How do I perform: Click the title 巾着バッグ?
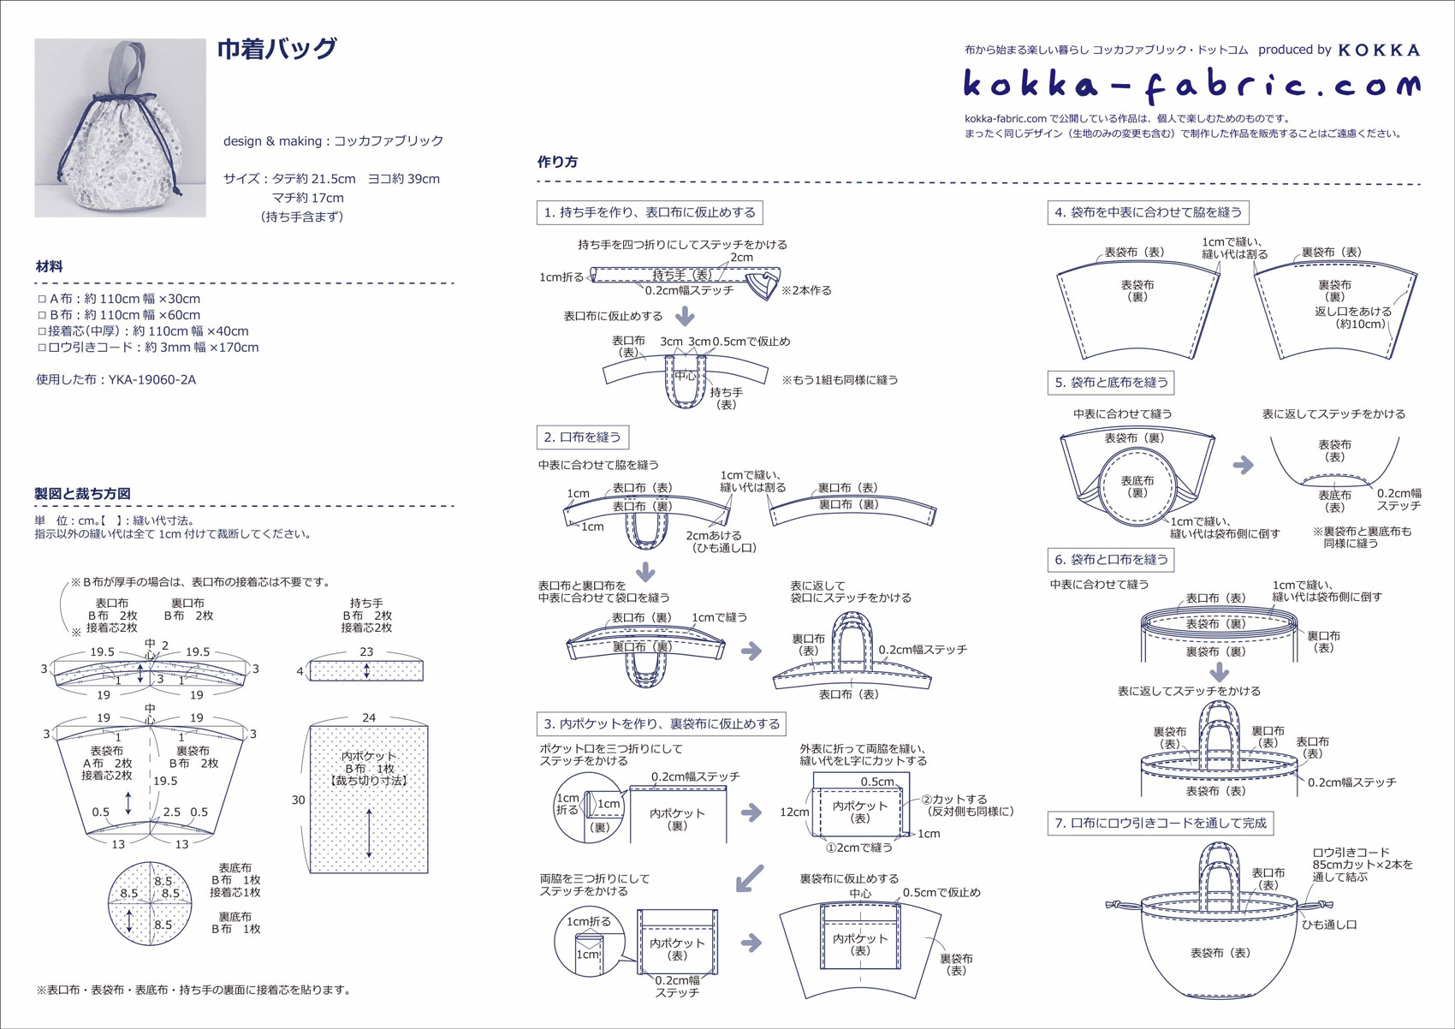click(276, 50)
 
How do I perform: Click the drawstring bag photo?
click(120, 128)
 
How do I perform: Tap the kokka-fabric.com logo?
click(1191, 84)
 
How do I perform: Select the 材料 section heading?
click(50, 266)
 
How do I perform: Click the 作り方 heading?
click(557, 162)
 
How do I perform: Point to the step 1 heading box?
click(650, 212)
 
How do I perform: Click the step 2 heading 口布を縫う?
click(583, 437)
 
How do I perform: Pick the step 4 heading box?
click(1148, 212)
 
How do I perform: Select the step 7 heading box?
click(1160, 823)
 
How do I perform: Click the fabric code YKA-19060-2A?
click(116, 379)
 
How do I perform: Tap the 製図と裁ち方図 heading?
click(82, 494)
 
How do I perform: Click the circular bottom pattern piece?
click(150, 903)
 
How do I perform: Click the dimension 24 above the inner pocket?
click(369, 717)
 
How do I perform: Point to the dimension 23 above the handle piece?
click(366, 651)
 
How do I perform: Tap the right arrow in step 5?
click(1243, 465)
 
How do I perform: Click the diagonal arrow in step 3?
click(750, 877)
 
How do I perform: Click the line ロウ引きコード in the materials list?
click(147, 348)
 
